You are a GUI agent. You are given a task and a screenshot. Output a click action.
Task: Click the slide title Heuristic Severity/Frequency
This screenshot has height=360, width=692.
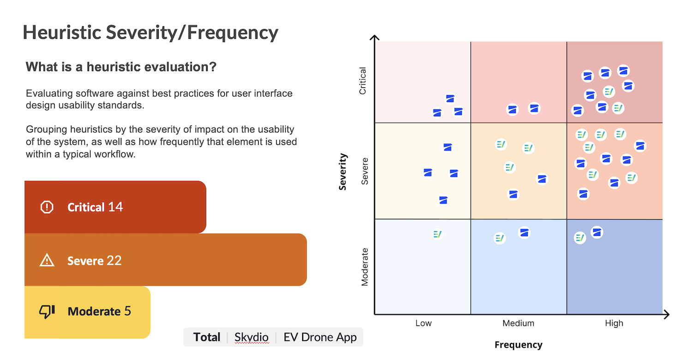click(x=150, y=33)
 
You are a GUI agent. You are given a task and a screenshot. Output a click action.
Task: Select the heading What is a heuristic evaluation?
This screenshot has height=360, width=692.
click(x=121, y=67)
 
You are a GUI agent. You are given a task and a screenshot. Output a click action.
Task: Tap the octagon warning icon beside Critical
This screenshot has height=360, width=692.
click(x=47, y=207)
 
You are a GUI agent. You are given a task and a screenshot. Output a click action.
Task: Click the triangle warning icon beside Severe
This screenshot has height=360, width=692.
click(x=47, y=261)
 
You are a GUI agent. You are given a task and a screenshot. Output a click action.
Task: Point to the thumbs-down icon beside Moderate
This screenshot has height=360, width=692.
click(x=47, y=312)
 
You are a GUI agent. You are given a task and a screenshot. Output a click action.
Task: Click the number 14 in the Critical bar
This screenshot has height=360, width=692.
click(x=115, y=207)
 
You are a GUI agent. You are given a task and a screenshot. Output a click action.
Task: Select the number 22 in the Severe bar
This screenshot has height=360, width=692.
click(x=114, y=261)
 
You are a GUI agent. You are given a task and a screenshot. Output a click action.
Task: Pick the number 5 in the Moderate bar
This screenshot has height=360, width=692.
click(x=128, y=312)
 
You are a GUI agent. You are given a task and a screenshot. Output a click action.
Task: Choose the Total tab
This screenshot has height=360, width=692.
click(x=207, y=337)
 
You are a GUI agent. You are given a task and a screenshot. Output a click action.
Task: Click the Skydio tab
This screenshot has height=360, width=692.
click(x=251, y=337)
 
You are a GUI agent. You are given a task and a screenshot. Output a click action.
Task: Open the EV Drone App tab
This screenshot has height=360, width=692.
click(x=320, y=337)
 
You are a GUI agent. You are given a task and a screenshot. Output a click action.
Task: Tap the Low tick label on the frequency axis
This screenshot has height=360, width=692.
click(x=424, y=323)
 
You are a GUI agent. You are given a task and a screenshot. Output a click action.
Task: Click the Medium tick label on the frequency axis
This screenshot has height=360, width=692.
click(x=519, y=323)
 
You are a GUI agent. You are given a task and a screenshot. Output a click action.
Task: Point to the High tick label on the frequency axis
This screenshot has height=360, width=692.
click(x=614, y=323)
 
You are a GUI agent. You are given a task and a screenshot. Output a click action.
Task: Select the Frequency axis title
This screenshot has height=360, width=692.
click(x=519, y=345)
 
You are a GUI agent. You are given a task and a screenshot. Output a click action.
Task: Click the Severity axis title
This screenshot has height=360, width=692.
click(x=343, y=172)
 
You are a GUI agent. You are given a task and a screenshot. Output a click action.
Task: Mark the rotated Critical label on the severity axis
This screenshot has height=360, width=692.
click(x=363, y=81)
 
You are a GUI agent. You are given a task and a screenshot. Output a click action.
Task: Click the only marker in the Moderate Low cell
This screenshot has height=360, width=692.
click(x=437, y=234)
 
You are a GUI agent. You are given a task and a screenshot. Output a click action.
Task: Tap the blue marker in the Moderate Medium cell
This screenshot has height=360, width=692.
click(x=524, y=233)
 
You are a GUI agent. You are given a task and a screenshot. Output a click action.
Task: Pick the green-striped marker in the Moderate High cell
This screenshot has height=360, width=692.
click(x=580, y=238)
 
